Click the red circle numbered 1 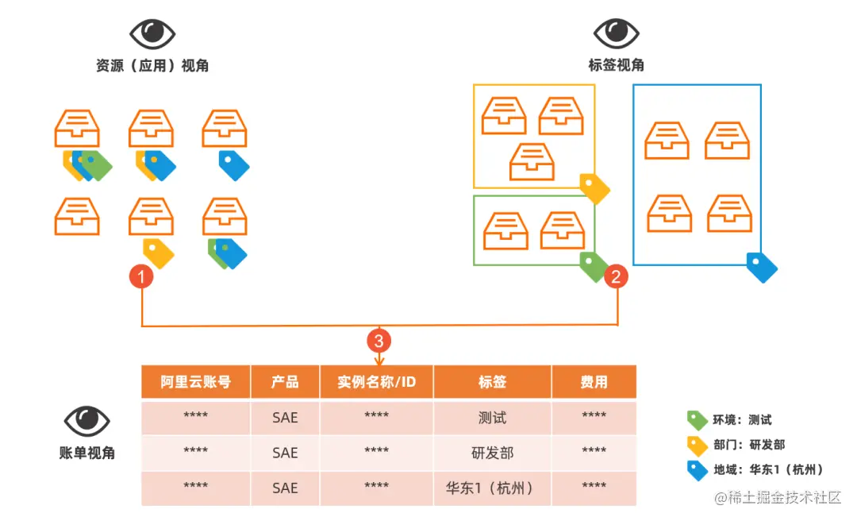pyautogui.click(x=141, y=277)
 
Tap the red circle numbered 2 pyautogui.click(x=617, y=277)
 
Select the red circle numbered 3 pyautogui.click(x=379, y=341)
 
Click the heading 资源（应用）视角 pyautogui.click(x=152, y=66)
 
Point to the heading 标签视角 pyautogui.click(x=616, y=65)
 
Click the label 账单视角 pyautogui.click(x=87, y=453)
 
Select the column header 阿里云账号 pyautogui.click(x=195, y=382)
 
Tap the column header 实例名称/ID pyautogui.click(x=376, y=382)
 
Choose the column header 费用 pyautogui.click(x=594, y=382)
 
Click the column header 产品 pyautogui.click(x=285, y=382)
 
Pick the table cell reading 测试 pyautogui.click(x=492, y=417)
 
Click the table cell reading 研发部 pyautogui.click(x=492, y=453)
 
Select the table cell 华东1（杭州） pyautogui.click(x=492, y=488)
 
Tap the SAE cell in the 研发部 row pyautogui.click(x=285, y=453)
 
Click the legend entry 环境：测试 pyautogui.click(x=742, y=420)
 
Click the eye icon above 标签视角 pyautogui.click(x=616, y=33)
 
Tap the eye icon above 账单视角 pyautogui.click(x=86, y=420)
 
